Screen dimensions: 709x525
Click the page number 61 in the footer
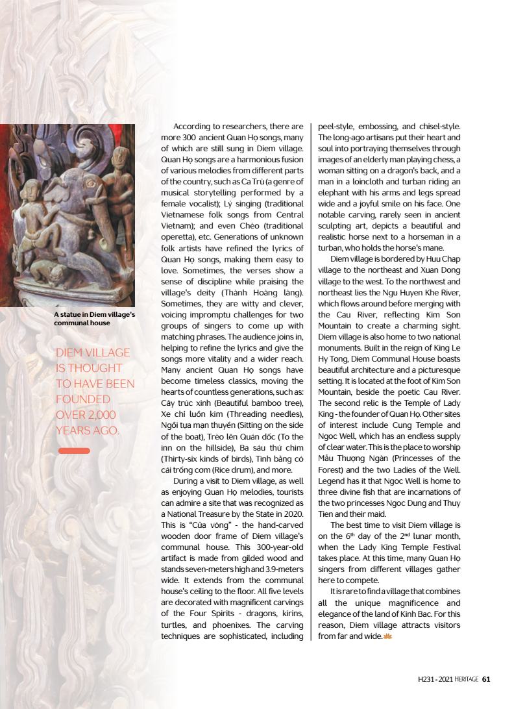[x=486, y=679]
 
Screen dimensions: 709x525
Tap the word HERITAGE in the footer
[x=467, y=679]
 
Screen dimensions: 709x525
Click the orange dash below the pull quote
[x=74, y=451]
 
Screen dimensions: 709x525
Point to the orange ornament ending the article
[x=389, y=636]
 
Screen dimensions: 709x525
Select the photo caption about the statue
[x=95, y=318]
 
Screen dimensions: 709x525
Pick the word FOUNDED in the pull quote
[x=83, y=399]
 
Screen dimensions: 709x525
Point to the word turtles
[x=175, y=625]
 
